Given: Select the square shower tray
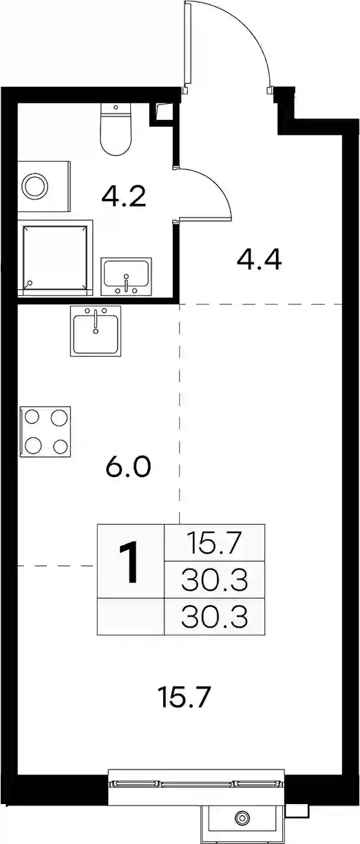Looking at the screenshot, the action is point(55,258).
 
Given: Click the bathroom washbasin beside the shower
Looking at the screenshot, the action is point(126,277).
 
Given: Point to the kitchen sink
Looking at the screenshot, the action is point(96,330).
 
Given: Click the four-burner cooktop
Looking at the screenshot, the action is point(45,432).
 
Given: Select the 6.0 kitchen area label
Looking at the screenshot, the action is point(129,467).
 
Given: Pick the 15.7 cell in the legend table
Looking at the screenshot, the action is point(215,542).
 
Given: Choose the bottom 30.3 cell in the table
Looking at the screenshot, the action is point(215,616).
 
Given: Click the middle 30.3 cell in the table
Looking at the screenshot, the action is point(215,580).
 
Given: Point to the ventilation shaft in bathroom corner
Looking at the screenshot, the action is point(162,112).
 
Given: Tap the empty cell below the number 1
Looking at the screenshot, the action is point(131,616).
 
